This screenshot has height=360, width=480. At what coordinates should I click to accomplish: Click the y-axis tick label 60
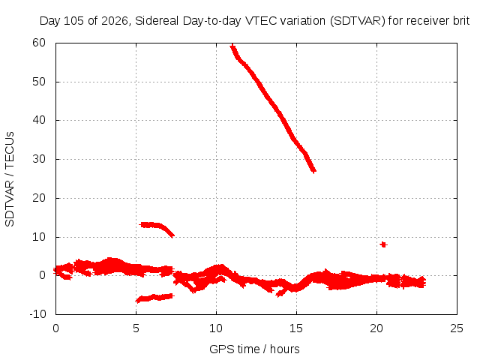[x=39, y=43]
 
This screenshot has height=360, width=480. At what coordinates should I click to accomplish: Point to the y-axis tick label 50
[x=39, y=82]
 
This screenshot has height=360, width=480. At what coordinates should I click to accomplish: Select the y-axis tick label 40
[x=39, y=120]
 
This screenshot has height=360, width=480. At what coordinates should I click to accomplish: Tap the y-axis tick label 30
[x=39, y=159]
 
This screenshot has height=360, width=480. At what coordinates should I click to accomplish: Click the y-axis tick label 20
[x=39, y=198]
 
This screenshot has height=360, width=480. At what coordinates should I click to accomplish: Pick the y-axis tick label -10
[x=37, y=313]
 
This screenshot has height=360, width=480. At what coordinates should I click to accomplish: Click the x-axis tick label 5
[x=136, y=328]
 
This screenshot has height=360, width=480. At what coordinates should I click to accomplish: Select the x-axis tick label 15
[x=296, y=328]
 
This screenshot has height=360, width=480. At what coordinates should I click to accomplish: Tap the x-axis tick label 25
[x=457, y=328]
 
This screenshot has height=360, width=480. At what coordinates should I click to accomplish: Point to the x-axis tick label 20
[x=376, y=328]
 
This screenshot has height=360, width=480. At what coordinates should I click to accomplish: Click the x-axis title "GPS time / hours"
[x=254, y=349]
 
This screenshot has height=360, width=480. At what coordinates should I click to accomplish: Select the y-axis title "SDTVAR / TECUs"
[x=10, y=179]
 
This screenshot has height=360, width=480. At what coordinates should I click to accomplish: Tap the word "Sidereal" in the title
[x=157, y=21]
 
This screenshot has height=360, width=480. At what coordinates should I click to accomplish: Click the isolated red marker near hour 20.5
[x=383, y=244]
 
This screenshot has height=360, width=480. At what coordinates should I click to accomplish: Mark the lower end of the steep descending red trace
[x=313, y=171]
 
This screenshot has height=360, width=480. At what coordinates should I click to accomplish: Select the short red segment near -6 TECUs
[x=155, y=298]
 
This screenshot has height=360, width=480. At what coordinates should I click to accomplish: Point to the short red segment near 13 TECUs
[x=157, y=227]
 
